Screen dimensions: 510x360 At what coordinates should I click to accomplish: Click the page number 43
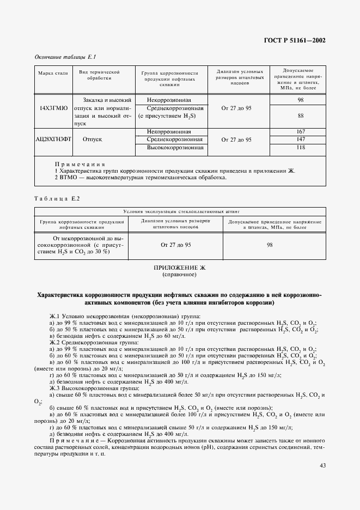pyautogui.click(x=322, y=465)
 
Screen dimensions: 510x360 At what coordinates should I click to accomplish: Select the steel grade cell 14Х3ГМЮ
pyautogui.click(x=53, y=108)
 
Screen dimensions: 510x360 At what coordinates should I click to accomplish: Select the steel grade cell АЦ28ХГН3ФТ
pyautogui.click(x=53, y=139)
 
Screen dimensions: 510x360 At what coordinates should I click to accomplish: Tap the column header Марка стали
pyautogui.click(x=53, y=73)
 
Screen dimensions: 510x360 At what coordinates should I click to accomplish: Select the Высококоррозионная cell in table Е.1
pyautogui.click(x=172, y=147)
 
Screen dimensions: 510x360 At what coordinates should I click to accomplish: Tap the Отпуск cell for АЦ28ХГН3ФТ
pyautogui.click(x=93, y=139)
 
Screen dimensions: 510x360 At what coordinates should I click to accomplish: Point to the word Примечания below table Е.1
pyautogui.click(x=80, y=164)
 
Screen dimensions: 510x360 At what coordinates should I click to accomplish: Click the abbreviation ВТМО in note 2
pyautogui.click(x=69, y=177)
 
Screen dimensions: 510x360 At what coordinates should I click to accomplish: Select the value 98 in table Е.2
pyautogui.click(x=269, y=245)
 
